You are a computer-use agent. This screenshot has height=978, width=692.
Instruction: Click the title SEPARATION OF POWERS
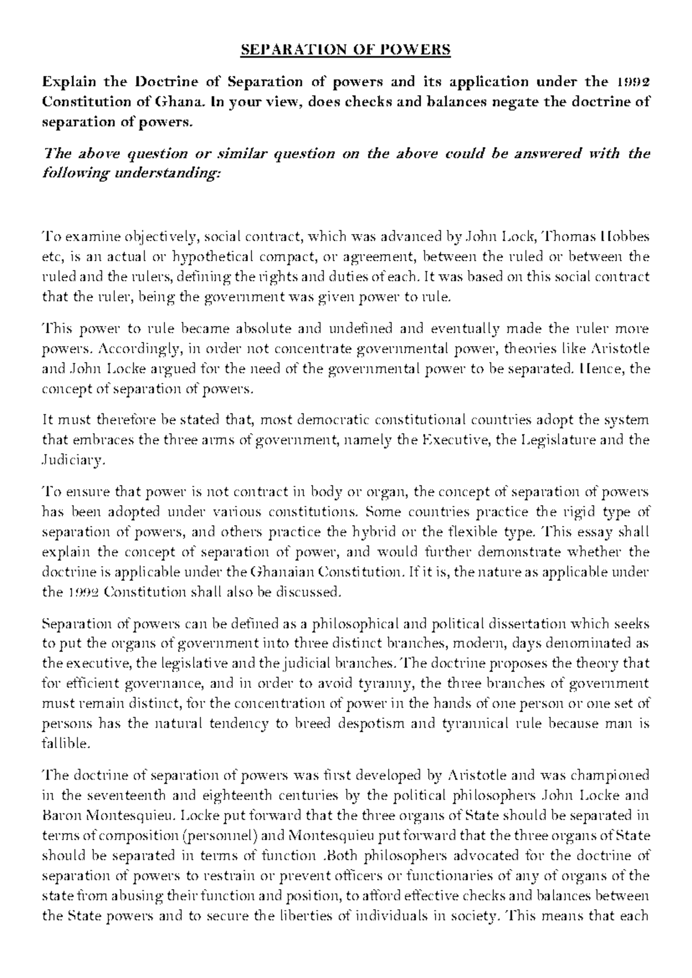coord(345,50)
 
